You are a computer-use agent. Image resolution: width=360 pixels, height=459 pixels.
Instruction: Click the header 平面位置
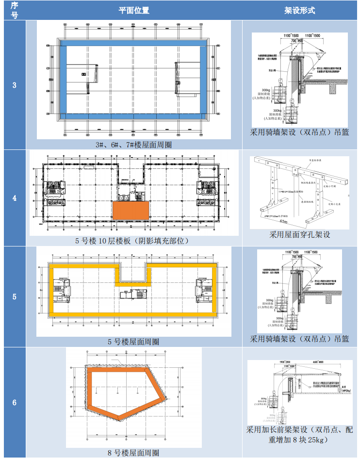[133, 10]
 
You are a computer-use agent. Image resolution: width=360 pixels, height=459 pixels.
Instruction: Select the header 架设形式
[299, 10]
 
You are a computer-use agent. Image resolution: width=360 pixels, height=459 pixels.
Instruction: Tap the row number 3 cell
[14, 85]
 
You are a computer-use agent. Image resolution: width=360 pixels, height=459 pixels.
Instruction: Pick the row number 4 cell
[14, 198]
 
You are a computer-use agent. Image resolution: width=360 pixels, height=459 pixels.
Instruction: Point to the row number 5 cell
[14, 296]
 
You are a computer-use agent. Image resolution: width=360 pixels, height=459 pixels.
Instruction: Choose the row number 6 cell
[14, 402]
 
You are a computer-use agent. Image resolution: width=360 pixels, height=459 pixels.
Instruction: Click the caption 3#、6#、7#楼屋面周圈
[133, 144]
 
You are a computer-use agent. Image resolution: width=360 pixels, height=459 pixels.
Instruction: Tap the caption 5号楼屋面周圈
[133, 342]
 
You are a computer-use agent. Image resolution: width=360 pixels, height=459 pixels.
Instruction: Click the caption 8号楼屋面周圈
[133, 453]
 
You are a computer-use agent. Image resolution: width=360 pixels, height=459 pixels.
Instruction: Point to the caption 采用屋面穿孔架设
[300, 234]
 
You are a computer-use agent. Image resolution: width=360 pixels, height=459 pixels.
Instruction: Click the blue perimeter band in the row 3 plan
[133, 43]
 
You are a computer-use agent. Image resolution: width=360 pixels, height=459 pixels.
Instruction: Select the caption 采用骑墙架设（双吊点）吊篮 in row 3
[299, 131]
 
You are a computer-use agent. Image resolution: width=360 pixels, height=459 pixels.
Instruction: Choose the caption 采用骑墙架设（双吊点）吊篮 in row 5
[299, 339]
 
